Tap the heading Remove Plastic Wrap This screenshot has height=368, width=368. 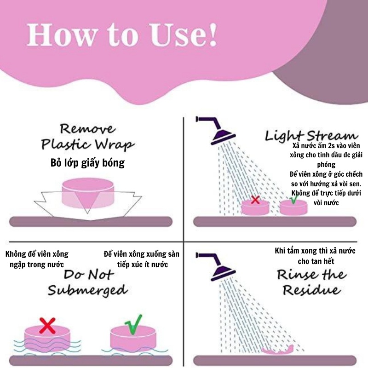87,137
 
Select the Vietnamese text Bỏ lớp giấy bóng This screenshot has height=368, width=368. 87,163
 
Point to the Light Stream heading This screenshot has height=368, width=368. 311,136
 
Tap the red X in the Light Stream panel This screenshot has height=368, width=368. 255,200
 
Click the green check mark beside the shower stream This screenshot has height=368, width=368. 293,199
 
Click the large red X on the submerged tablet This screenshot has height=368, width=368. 47,326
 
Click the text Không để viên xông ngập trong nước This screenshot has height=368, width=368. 37,259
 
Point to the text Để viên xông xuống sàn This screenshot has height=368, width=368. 141,254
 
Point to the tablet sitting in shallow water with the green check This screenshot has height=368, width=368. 133,338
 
